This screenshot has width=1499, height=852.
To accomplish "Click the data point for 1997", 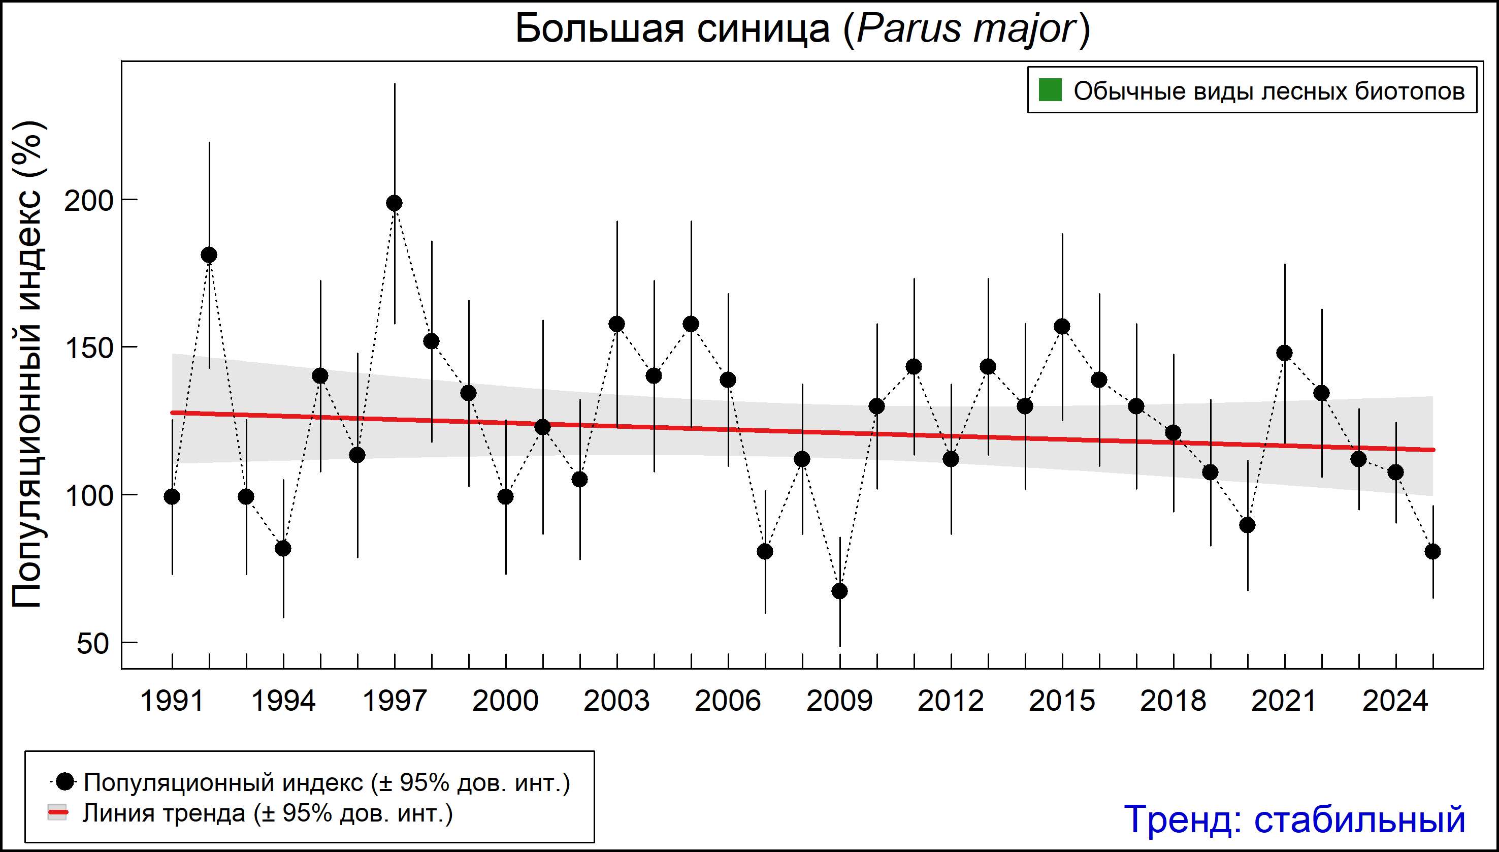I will point(394,203).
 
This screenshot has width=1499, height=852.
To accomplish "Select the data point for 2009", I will point(840,591).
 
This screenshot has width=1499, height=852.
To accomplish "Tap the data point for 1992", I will point(209,255).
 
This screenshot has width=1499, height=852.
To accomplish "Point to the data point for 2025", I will point(1433,551).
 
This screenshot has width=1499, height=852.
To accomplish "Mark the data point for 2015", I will point(1062,327).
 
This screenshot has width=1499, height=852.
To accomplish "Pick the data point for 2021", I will point(1284,353).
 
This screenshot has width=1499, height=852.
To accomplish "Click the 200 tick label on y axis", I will point(88,201).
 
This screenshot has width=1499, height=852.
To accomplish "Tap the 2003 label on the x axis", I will point(616,701).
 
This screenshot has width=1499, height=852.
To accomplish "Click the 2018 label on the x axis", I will point(1172,701).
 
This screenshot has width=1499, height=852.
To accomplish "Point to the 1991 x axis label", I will point(172,701).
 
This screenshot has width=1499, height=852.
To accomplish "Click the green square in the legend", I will point(1050,90).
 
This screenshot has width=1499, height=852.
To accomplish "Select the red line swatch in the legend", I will point(57,812).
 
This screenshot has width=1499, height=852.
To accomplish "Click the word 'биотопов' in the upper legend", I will point(1410,91).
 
